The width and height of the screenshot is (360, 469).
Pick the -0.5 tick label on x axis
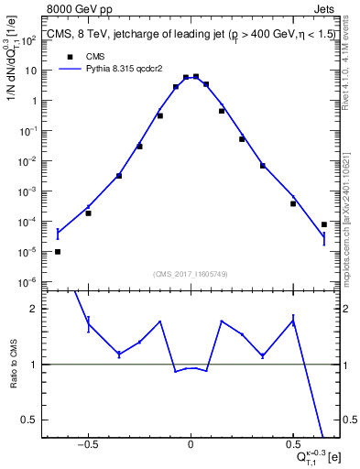[x=87, y=443]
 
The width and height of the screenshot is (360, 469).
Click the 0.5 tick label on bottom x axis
[x=292, y=443]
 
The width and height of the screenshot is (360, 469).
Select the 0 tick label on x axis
[x=190, y=443]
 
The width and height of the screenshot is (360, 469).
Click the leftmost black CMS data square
[x=58, y=251]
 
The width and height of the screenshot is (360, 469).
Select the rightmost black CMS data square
[x=324, y=224]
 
